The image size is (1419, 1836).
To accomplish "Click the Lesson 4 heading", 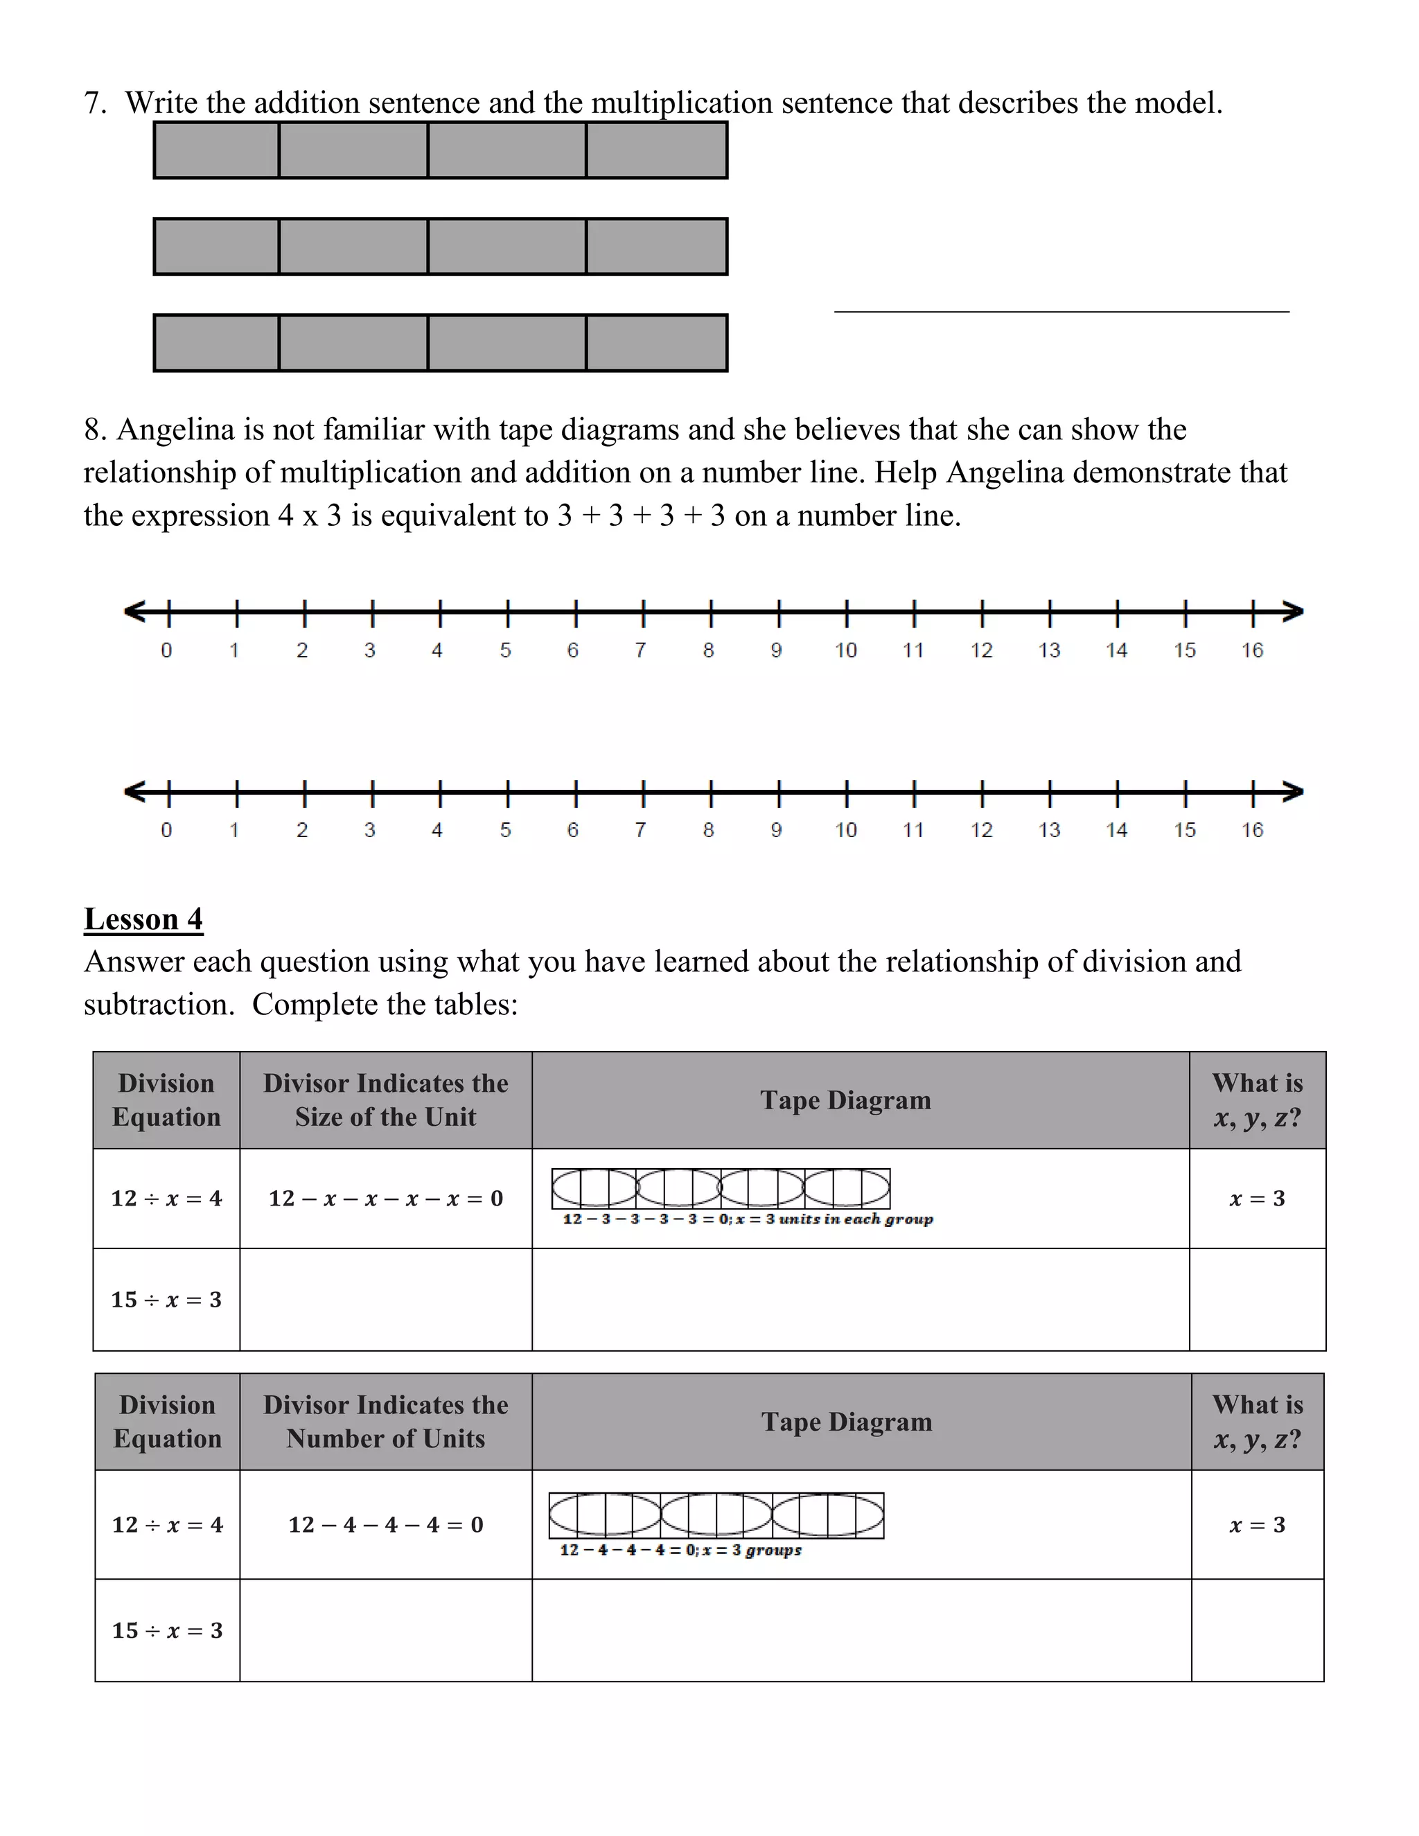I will click(143, 919).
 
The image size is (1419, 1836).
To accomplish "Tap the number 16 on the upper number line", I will click(1252, 650).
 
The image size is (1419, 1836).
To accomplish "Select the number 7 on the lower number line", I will click(641, 830).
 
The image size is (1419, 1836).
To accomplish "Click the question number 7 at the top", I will click(94, 103).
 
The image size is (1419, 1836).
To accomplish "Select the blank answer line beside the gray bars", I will click(1061, 310).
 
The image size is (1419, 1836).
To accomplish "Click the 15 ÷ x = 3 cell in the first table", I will click(166, 1299).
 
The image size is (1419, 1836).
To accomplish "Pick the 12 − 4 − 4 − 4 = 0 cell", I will click(386, 1524).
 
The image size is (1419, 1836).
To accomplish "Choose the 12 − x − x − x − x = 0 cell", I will click(386, 1198).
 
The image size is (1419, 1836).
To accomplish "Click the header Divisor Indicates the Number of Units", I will click(386, 1422).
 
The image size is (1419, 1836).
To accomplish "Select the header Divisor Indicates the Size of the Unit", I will click(386, 1100).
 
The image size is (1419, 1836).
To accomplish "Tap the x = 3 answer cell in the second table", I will click(1257, 1524).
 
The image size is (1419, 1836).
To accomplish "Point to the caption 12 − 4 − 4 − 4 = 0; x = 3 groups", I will click(680, 1549).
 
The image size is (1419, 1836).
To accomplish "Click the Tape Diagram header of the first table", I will click(846, 1100).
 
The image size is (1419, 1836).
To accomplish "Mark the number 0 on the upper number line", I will click(166, 650).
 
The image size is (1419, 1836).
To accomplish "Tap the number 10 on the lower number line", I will click(846, 830).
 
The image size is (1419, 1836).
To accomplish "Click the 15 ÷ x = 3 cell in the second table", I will click(167, 1630).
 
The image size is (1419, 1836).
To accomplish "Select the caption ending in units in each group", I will click(748, 1219).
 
